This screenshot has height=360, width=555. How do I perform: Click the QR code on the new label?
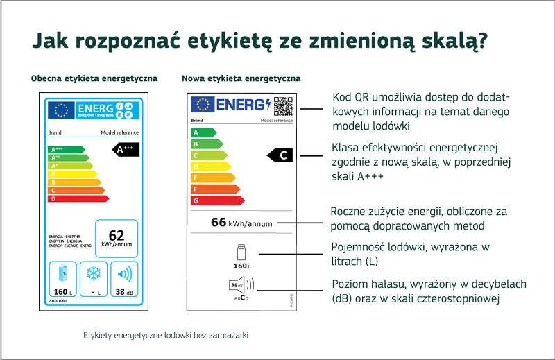coord(282,105)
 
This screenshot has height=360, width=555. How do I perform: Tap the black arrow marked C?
coord(281,155)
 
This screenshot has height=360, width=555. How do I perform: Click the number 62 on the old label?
coord(116,235)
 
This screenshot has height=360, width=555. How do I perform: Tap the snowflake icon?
coord(93,273)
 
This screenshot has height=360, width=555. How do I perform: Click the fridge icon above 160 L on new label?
coord(240,252)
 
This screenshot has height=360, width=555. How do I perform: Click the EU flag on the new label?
coord(203,105)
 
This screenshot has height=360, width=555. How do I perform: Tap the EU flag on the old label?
coord(61,110)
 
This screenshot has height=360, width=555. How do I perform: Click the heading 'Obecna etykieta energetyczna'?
coord(94,78)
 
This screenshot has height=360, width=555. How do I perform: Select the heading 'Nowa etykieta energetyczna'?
coord(241,78)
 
